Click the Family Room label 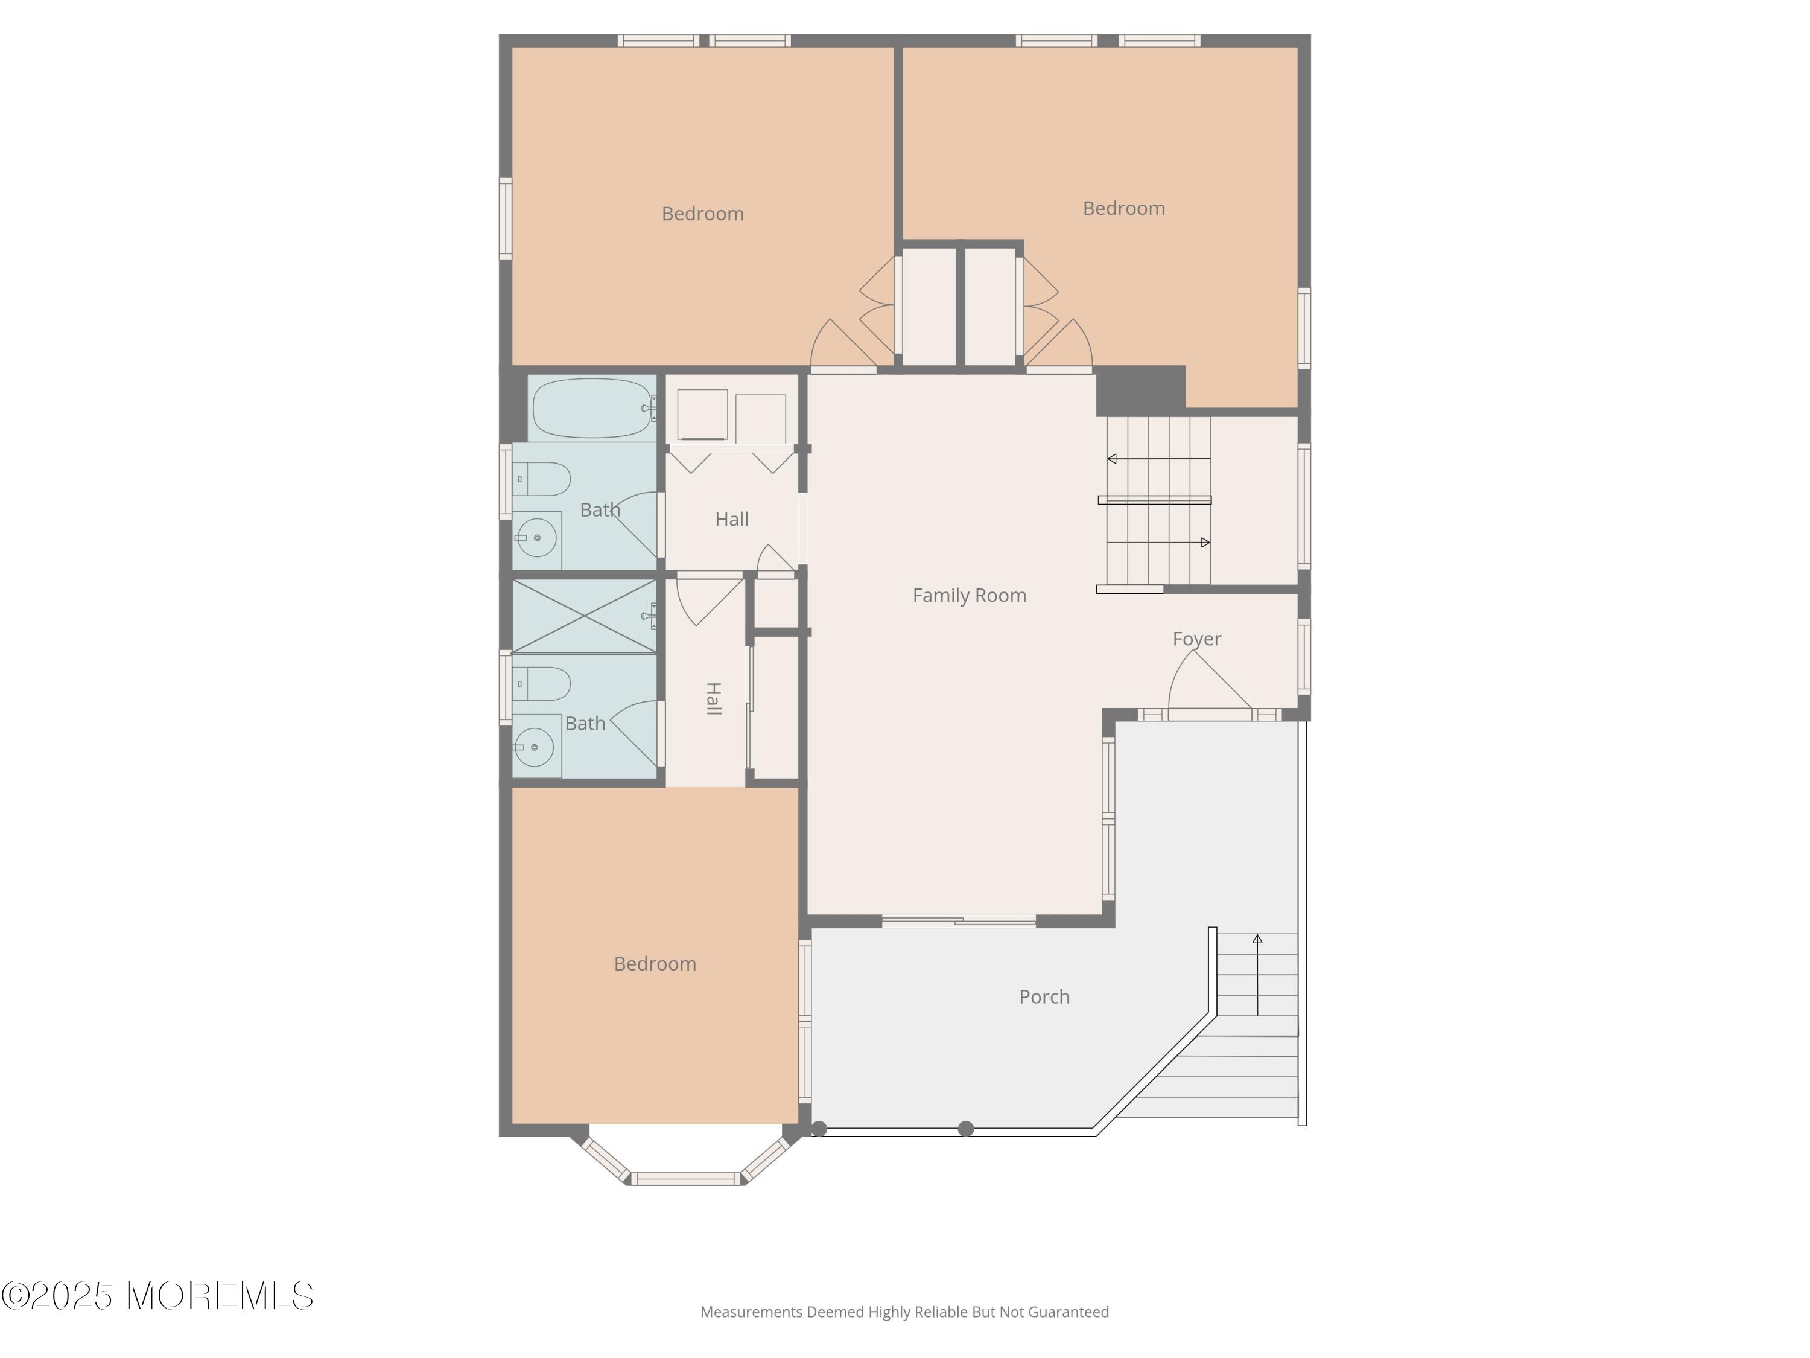pyautogui.click(x=969, y=596)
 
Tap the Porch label pyautogui.click(x=1044, y=997)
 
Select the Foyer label pyautogui.click(x=1196, y=639)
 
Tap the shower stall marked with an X pyautogui.click(x=584, y=616)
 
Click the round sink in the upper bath pyautogui.click(x=537, y=538)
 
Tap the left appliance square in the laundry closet pyautogui.click(x=702, y=415)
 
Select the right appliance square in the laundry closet pyautogui.click(x=760, y=419)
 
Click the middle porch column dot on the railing pyautogui.click(x=965, y=1129)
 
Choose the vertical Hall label pyautogui.click(x=714, y=698)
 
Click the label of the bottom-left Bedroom pyautogui.click(x=655, y=963)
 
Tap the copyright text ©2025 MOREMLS pyautogui.click(x=157, y=1296)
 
